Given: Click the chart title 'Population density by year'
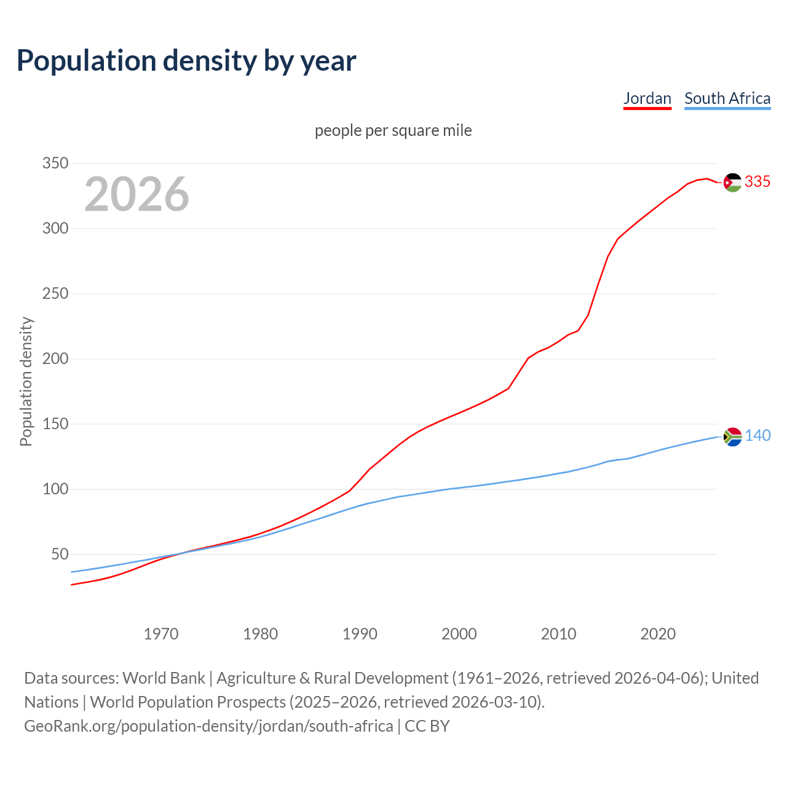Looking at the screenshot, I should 186,61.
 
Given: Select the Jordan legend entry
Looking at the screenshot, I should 647,98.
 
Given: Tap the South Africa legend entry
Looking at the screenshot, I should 727,98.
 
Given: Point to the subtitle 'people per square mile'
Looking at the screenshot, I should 393,130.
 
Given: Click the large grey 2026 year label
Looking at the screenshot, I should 136,194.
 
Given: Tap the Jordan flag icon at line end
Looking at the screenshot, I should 732,182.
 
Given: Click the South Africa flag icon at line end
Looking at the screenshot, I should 732,437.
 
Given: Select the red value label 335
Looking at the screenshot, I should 757,181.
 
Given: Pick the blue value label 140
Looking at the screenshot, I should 757,435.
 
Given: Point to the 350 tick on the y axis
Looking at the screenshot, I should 55,164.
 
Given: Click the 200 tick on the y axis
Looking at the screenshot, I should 55,359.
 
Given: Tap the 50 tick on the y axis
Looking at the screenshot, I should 59,555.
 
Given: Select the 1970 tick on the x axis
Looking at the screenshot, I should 161,634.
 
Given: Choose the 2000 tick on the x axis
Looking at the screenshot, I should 459,634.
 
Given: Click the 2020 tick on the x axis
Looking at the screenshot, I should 658,634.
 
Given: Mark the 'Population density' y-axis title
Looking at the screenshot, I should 26,381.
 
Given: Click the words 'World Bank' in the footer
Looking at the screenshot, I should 164,678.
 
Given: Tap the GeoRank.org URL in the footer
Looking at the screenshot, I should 208,726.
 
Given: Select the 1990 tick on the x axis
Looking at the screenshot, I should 360,634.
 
